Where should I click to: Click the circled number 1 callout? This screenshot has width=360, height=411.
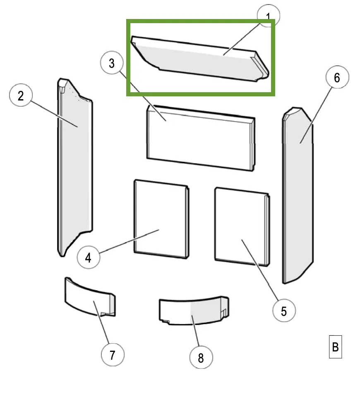pyautogui.click(x=269, y=16)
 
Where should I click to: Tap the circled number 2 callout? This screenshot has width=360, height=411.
pyautogui.click(x=21, y=95)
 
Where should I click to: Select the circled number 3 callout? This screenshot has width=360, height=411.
pyautogui.click(x=112, y=63)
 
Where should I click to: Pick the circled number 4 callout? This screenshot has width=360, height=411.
pyautogui.click(x=89, y=257)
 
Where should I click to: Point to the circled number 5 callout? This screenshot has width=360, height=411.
pyautogui.click(x=284, y=311)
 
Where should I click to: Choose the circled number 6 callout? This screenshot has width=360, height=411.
pyautogui.click(x=337, y=77)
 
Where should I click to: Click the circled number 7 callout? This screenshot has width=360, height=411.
pyautogui.click(x=113, y=355)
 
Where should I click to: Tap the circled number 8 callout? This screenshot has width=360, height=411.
pyautogui.click(x=201, y=357)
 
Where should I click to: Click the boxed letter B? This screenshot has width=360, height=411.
pyautogui.click(x=336, y=347)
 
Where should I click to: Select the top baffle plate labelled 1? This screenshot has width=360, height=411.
pyautogui.click(x=200, y=59)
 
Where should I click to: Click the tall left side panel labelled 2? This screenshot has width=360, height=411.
pyautogui.click(x=75, y=167)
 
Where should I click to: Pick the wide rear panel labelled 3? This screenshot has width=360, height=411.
pyautogui.click(x=201, y=138)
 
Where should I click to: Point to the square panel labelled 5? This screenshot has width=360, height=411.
pyautogui.click(x=242, y=227)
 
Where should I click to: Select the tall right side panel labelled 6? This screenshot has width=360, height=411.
pyautogui.click(x=298, y=195)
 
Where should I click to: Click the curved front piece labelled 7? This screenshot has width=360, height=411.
pyautogui.click(x=90, y=297)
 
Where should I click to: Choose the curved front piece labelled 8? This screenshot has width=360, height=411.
pyautogui.click(x=194, y=311)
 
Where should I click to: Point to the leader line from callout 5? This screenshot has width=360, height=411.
pyautogui.click(x=260, y=270)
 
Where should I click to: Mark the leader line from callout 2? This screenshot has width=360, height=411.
pyautogui.click(x=55, y=114)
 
